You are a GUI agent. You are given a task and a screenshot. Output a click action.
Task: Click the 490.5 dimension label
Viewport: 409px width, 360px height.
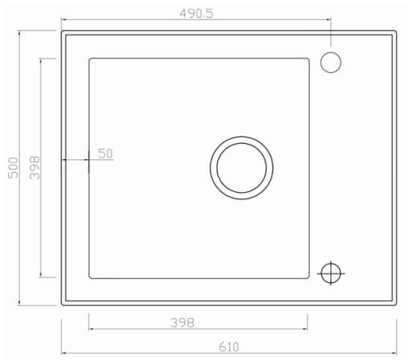click(x=196, y=14)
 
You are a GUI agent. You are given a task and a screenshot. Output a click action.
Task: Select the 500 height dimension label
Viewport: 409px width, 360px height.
click(x=13, y=168)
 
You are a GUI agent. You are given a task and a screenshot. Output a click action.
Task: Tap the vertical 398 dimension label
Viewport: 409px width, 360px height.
click(x=35, y=168)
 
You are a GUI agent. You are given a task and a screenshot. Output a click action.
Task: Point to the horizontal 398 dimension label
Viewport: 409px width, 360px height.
click(x=182, y=323)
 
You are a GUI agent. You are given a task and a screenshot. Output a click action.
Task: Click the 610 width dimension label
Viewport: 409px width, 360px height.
click(x=229, y=347)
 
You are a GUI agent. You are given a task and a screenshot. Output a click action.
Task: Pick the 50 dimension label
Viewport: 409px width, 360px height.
click(x=105, y=153)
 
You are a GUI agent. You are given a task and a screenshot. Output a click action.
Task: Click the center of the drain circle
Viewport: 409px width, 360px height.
click(x=242, y=168)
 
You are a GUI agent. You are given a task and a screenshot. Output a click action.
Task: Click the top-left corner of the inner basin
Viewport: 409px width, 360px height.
click(x=89, y=59)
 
